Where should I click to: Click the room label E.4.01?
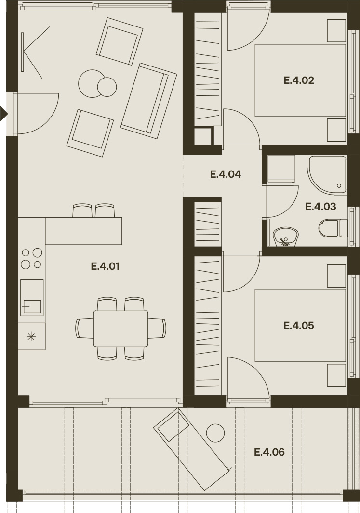[105, 266]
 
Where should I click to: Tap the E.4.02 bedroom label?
[299, 80]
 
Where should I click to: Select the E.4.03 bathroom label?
[321, 207]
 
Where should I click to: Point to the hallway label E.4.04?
[226, 174]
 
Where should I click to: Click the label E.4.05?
[299, 326]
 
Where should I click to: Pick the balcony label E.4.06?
[269, 452]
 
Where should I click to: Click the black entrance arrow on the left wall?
[3, 114]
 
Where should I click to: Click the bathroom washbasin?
[286, 237]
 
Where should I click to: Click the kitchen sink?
[32, 297]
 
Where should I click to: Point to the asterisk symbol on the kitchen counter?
[31, 336]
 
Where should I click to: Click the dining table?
[121, 329]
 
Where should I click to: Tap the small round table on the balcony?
[215, 433]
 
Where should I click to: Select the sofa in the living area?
[148, 101]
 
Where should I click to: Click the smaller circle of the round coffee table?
[107, 87]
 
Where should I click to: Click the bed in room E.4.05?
[300, 326]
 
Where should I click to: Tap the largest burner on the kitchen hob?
[37, 252]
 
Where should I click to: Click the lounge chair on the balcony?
[192, 449]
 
